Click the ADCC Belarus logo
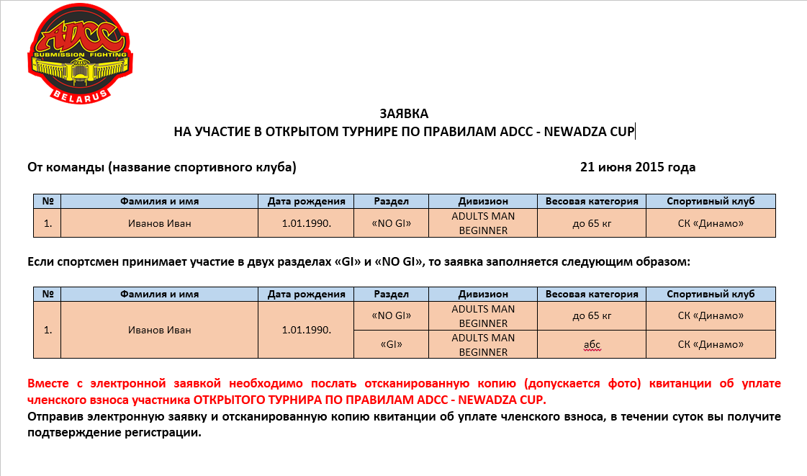[x=80, y=53]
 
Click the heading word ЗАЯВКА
[x=404, y=114]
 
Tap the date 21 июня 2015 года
[x=637, y=168]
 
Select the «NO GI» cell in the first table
[x=392, y=223]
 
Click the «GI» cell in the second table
[x=392, y=345]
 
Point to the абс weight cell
[x=592, y=345]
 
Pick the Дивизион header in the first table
[x=483, y=202]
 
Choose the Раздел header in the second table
[x=392, y=295]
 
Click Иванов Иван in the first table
[x=160, y=223]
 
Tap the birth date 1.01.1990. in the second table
[x=307, y=331]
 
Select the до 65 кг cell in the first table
[x=592, y=223]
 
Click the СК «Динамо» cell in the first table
[x=711, y=223]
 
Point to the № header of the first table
[x=48, y=202]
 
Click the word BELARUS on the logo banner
[x=80, y=95]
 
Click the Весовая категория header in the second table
[x=592, y=295]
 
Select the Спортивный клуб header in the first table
[x=711, y=202]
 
